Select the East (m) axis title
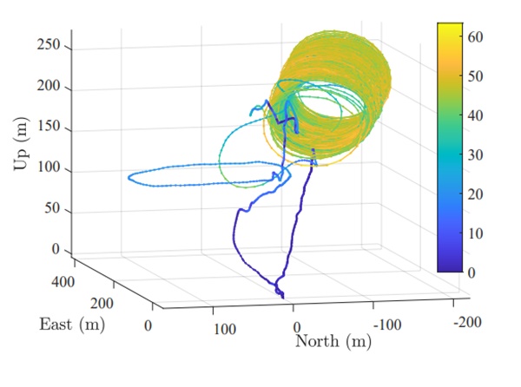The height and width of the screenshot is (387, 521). tap(71, 325)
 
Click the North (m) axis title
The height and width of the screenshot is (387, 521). tap(333, 341)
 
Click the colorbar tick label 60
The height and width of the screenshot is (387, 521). tap(473, 37)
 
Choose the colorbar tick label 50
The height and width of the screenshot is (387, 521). tap(473, 76)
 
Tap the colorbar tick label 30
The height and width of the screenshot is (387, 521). tap(473, 154)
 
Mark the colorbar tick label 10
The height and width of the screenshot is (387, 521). tap(473, 233)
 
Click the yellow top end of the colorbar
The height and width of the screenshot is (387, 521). tap(450, 28)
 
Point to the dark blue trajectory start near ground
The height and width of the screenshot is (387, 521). tap(280, 295)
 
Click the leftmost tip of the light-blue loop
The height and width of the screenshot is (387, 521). tap(129, 179)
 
